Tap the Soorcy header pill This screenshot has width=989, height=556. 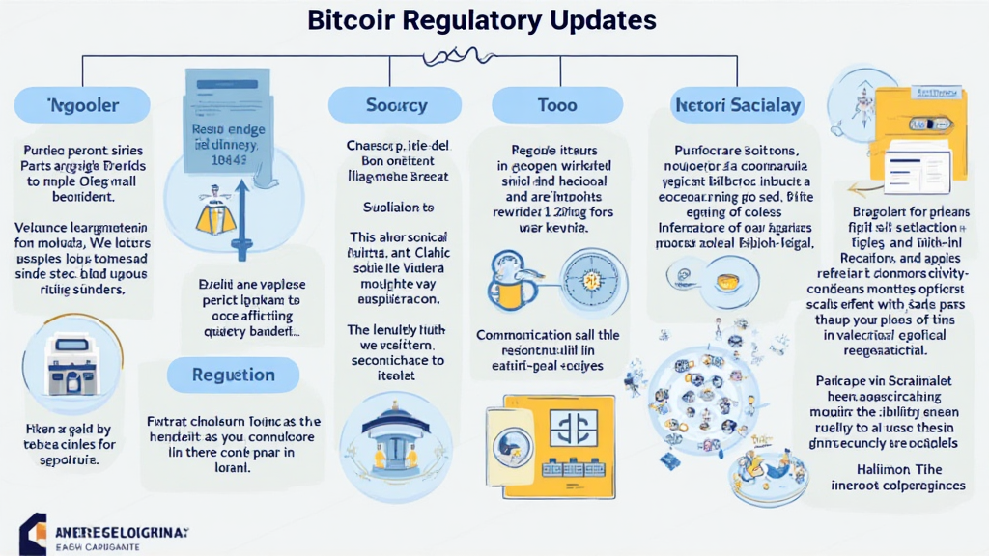(383, 104)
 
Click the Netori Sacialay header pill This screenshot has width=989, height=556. (737, 104)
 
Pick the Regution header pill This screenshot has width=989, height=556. (233, 375)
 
